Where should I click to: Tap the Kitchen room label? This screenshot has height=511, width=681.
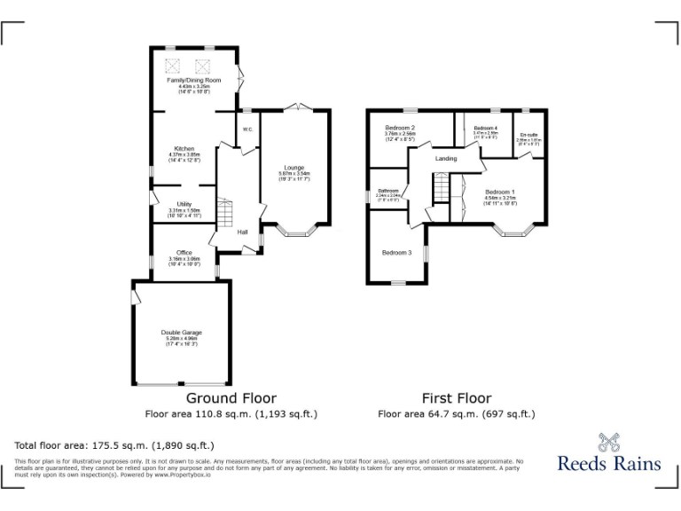pyautogui.click(x=184, y=149)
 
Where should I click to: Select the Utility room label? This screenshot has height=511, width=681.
pyautogui.click(x=184, y=204)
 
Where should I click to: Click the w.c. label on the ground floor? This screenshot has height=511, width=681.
pyautogui.click(x=247, y=129)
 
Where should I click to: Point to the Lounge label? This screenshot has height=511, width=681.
pyautogui.click(x=294, y=167)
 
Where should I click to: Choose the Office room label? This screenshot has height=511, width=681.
pyautogui.click(x=184, y=253)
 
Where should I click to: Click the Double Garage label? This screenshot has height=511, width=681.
pyautogui.click(x=181, y=332)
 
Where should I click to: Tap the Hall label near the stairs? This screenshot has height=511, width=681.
pyautogui.click(x=242, y=232)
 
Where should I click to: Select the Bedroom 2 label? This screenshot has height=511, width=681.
pyautogui.click(x=401, y=129)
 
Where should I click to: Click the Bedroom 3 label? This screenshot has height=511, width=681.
pyautogui.click(x=396, y=253)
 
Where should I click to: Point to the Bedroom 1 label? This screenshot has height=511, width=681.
pyautogui.click(x=500, y=193)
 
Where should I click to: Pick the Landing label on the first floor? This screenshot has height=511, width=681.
pyautogui.click(x=446, y=159)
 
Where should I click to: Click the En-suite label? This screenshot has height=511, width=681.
pyautogui.click(x=528, y=135)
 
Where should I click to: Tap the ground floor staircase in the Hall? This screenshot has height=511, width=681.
pyautogui.click(x=225, y=214)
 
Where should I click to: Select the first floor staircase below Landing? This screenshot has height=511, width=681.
pyautogui.click(x=442, y=188)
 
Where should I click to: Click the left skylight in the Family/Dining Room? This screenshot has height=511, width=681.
pyautogui.click(x=173, y=64)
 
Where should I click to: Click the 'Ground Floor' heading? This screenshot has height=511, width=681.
pyautogui.click(x=231, y=398)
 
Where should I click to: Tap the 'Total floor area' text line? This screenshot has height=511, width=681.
pyautogui.click(x=114, y=445)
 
